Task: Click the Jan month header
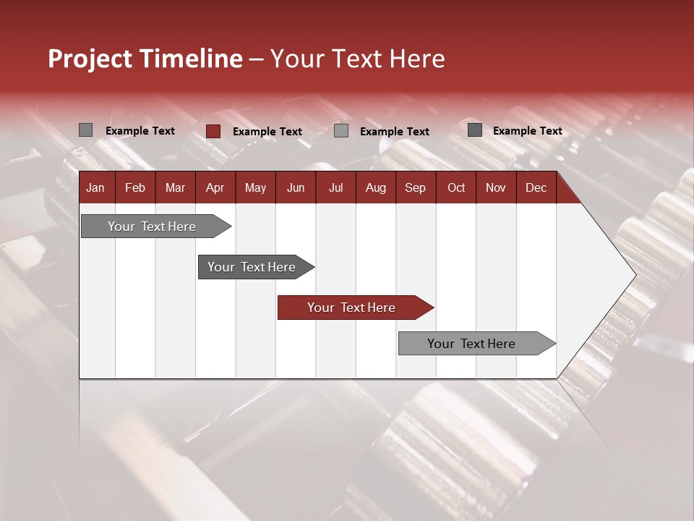click(96, 187)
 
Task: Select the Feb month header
click(135, 187)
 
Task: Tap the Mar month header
click(175, 187)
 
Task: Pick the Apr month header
click(215, 187)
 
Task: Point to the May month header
click(255, 187)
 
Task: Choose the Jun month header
click(296, 187)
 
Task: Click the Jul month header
click(335, 187)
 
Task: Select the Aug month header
click(376, 187)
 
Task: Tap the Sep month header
click(416, 187)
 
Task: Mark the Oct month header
click(456, 187)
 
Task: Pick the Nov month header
click(496, 187)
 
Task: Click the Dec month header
click(536, 187)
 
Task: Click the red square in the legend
click(213, 131)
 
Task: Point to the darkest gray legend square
click(475, 130)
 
